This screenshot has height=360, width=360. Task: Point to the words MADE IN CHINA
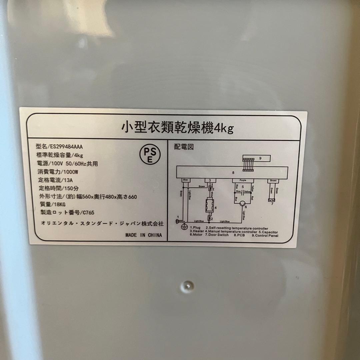pyautogui.click(x=144, y=235)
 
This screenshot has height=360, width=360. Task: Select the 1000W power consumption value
pyautogui.click(x=71, y=172)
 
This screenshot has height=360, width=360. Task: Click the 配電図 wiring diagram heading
pyautogui.click(x=184, y=147)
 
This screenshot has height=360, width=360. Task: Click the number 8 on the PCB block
pyautogui.click(x=234, y=173)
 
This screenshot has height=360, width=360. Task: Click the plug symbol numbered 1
pyautogui.click(x=178, y=221)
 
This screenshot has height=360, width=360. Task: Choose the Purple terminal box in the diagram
pyautogui.click(x=243, y=180)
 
